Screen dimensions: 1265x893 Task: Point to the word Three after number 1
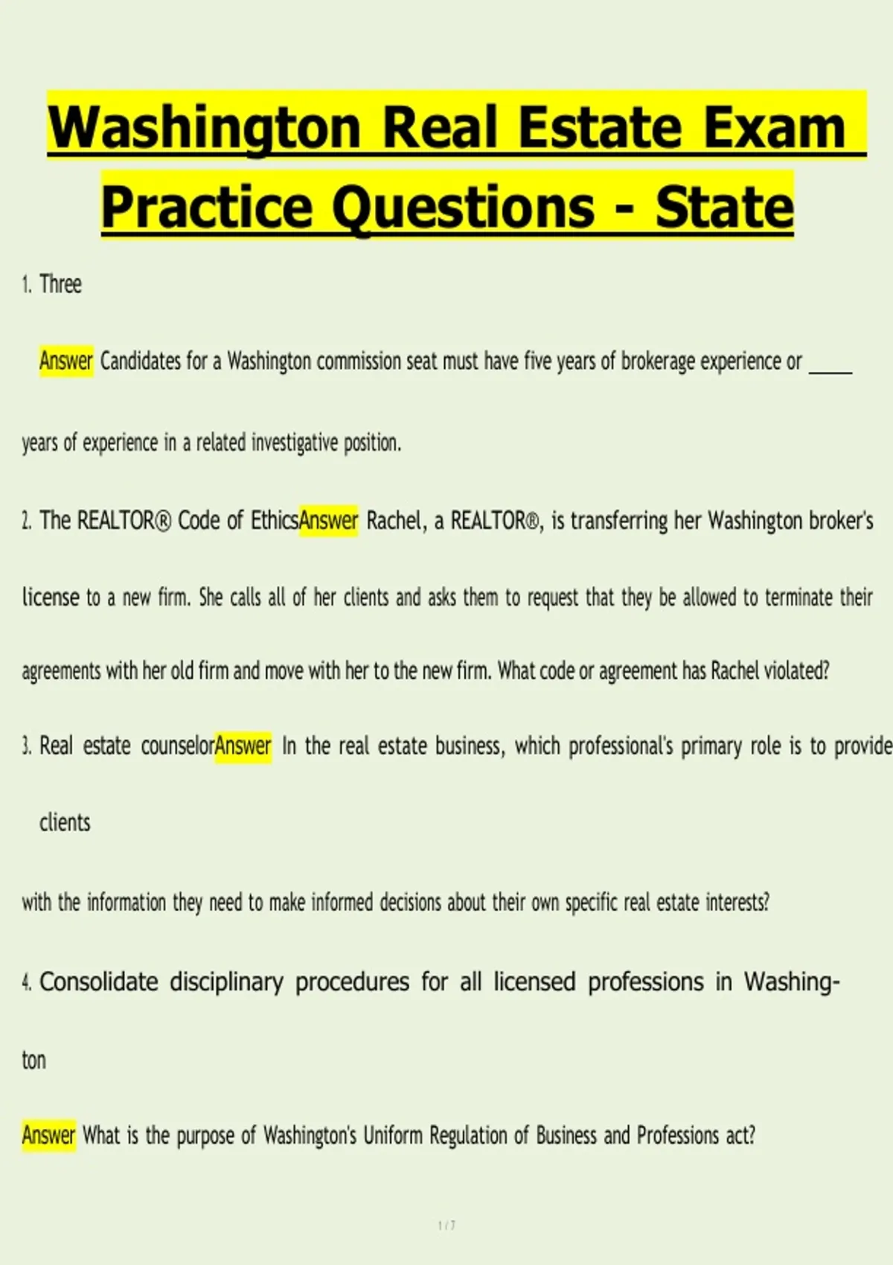pos(60,284)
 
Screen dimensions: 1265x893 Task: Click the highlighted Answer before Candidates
pos(66,361)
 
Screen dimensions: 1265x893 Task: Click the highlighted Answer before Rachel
pos(328,520)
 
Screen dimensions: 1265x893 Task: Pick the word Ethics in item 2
pos(274,520)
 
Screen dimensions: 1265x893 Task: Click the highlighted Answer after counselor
pos(243,746)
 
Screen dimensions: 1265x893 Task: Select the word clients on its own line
pos(65,823)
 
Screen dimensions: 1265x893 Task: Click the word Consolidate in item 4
pos(98,982)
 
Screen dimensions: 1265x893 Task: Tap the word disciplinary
pos(226,982)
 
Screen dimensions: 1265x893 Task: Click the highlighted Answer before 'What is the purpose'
pos(49,1136)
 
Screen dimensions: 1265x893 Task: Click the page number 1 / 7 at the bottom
pos(446,1226)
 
